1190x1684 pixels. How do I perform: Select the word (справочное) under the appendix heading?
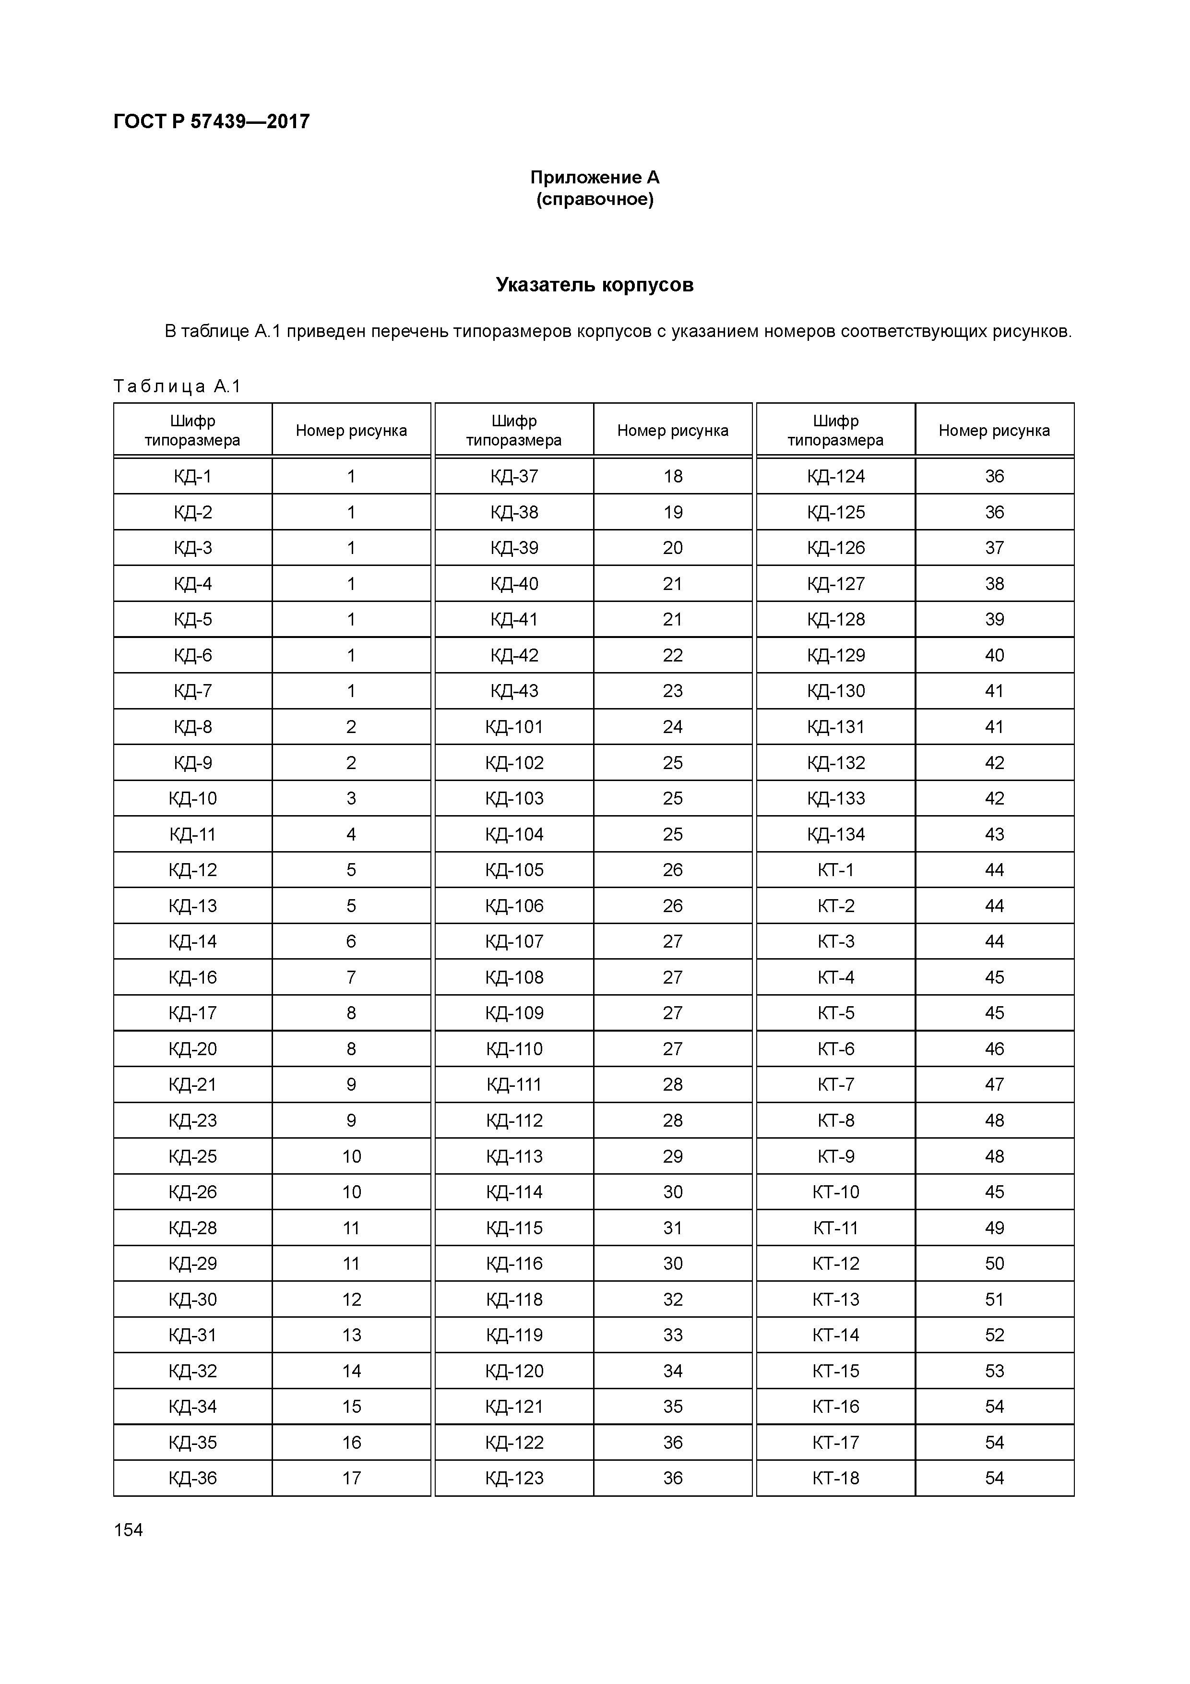[595, 200]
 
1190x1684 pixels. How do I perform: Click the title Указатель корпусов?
[595, 285]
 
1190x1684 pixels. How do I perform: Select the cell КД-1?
[193, 477]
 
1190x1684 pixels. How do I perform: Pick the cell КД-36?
[193, 1478]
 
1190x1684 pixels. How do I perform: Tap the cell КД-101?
[514, 727]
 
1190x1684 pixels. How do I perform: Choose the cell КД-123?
[514, 1478]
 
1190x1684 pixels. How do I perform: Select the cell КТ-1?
[836, 870]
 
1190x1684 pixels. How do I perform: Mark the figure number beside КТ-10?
[994, 1192]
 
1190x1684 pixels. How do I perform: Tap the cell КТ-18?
[836, 1478]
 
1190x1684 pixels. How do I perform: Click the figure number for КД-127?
[994, 584]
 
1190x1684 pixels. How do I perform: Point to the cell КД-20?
[193, 1049]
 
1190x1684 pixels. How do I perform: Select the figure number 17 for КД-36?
[351, 1478]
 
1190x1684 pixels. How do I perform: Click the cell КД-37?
[514, 477]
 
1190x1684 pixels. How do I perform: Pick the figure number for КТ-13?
[994, 1299]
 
